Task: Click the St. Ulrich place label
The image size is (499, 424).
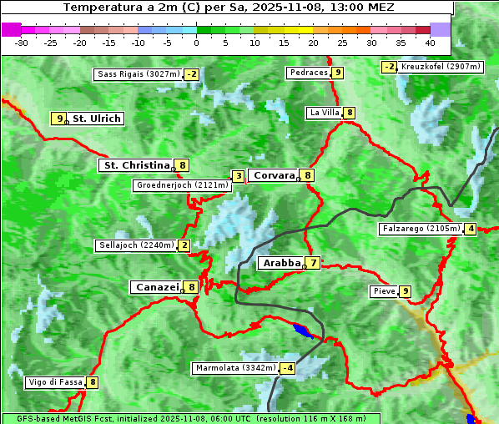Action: [x=97, y=119]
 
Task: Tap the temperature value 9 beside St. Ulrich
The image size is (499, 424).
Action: [x=58, y=119]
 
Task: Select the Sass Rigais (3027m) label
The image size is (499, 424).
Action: [x=138, y=74]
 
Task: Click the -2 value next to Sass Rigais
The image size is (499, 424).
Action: [x=192, y=74]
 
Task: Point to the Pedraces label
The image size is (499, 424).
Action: [x=308, y=73]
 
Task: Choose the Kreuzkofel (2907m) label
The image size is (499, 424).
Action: [x=441, y=67]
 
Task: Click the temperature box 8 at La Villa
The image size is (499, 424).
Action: [x=349, y=113]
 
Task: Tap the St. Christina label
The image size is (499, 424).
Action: [x=135, y=165]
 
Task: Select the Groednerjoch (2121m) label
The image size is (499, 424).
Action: [x=182, y=185]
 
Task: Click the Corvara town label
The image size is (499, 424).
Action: [x=274, y=175]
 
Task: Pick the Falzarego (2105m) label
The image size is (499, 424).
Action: [x=421, y=229]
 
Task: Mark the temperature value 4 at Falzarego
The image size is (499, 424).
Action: [x=471, y=229]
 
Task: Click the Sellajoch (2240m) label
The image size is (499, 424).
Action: [x=136, y=245]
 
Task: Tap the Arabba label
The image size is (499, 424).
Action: [x=281, y=263]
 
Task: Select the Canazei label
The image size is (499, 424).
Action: [x=156, y=287]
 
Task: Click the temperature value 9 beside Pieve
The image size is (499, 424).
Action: [x=405, y=291]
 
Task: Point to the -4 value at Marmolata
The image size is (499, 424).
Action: [x=288, y=368]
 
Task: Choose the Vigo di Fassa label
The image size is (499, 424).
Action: [x=55, y=382]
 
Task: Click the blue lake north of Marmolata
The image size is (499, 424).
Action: [x=306, y=330]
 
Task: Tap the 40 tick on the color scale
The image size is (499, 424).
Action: [x=430, y=42]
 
